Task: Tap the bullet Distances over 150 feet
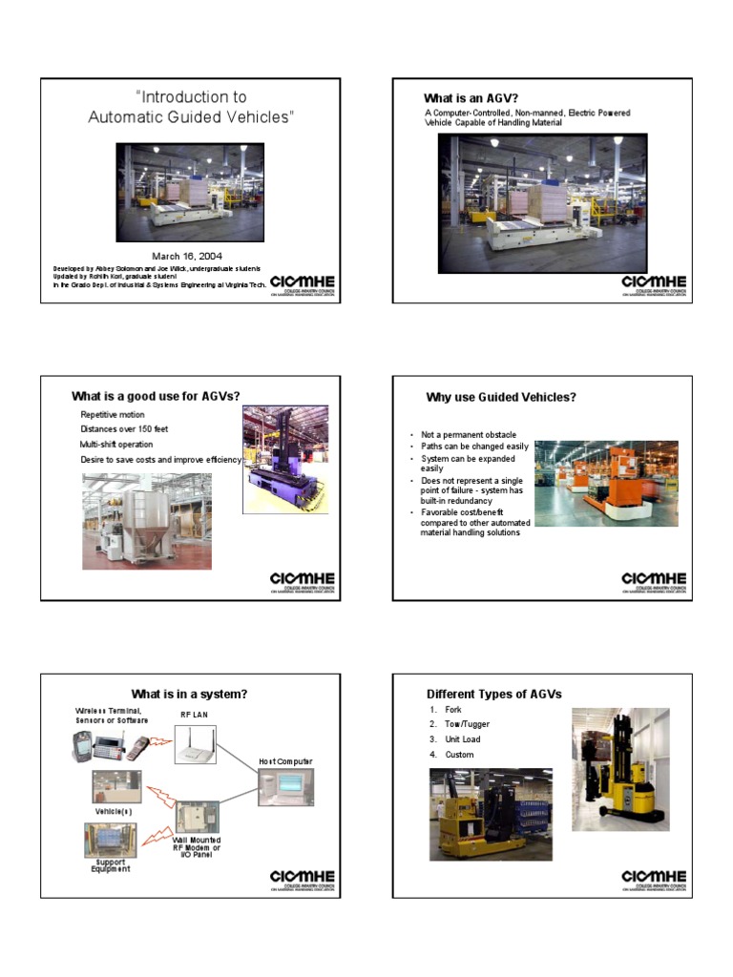click(x=124, y=429)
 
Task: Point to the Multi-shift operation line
click(x=116, y=445)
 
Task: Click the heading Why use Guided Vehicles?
click(x=500, y=397)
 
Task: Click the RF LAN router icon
click(x=196, y=743)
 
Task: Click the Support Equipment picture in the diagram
click(x=111, y=839)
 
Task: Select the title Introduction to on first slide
click(x=191, y=96)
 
